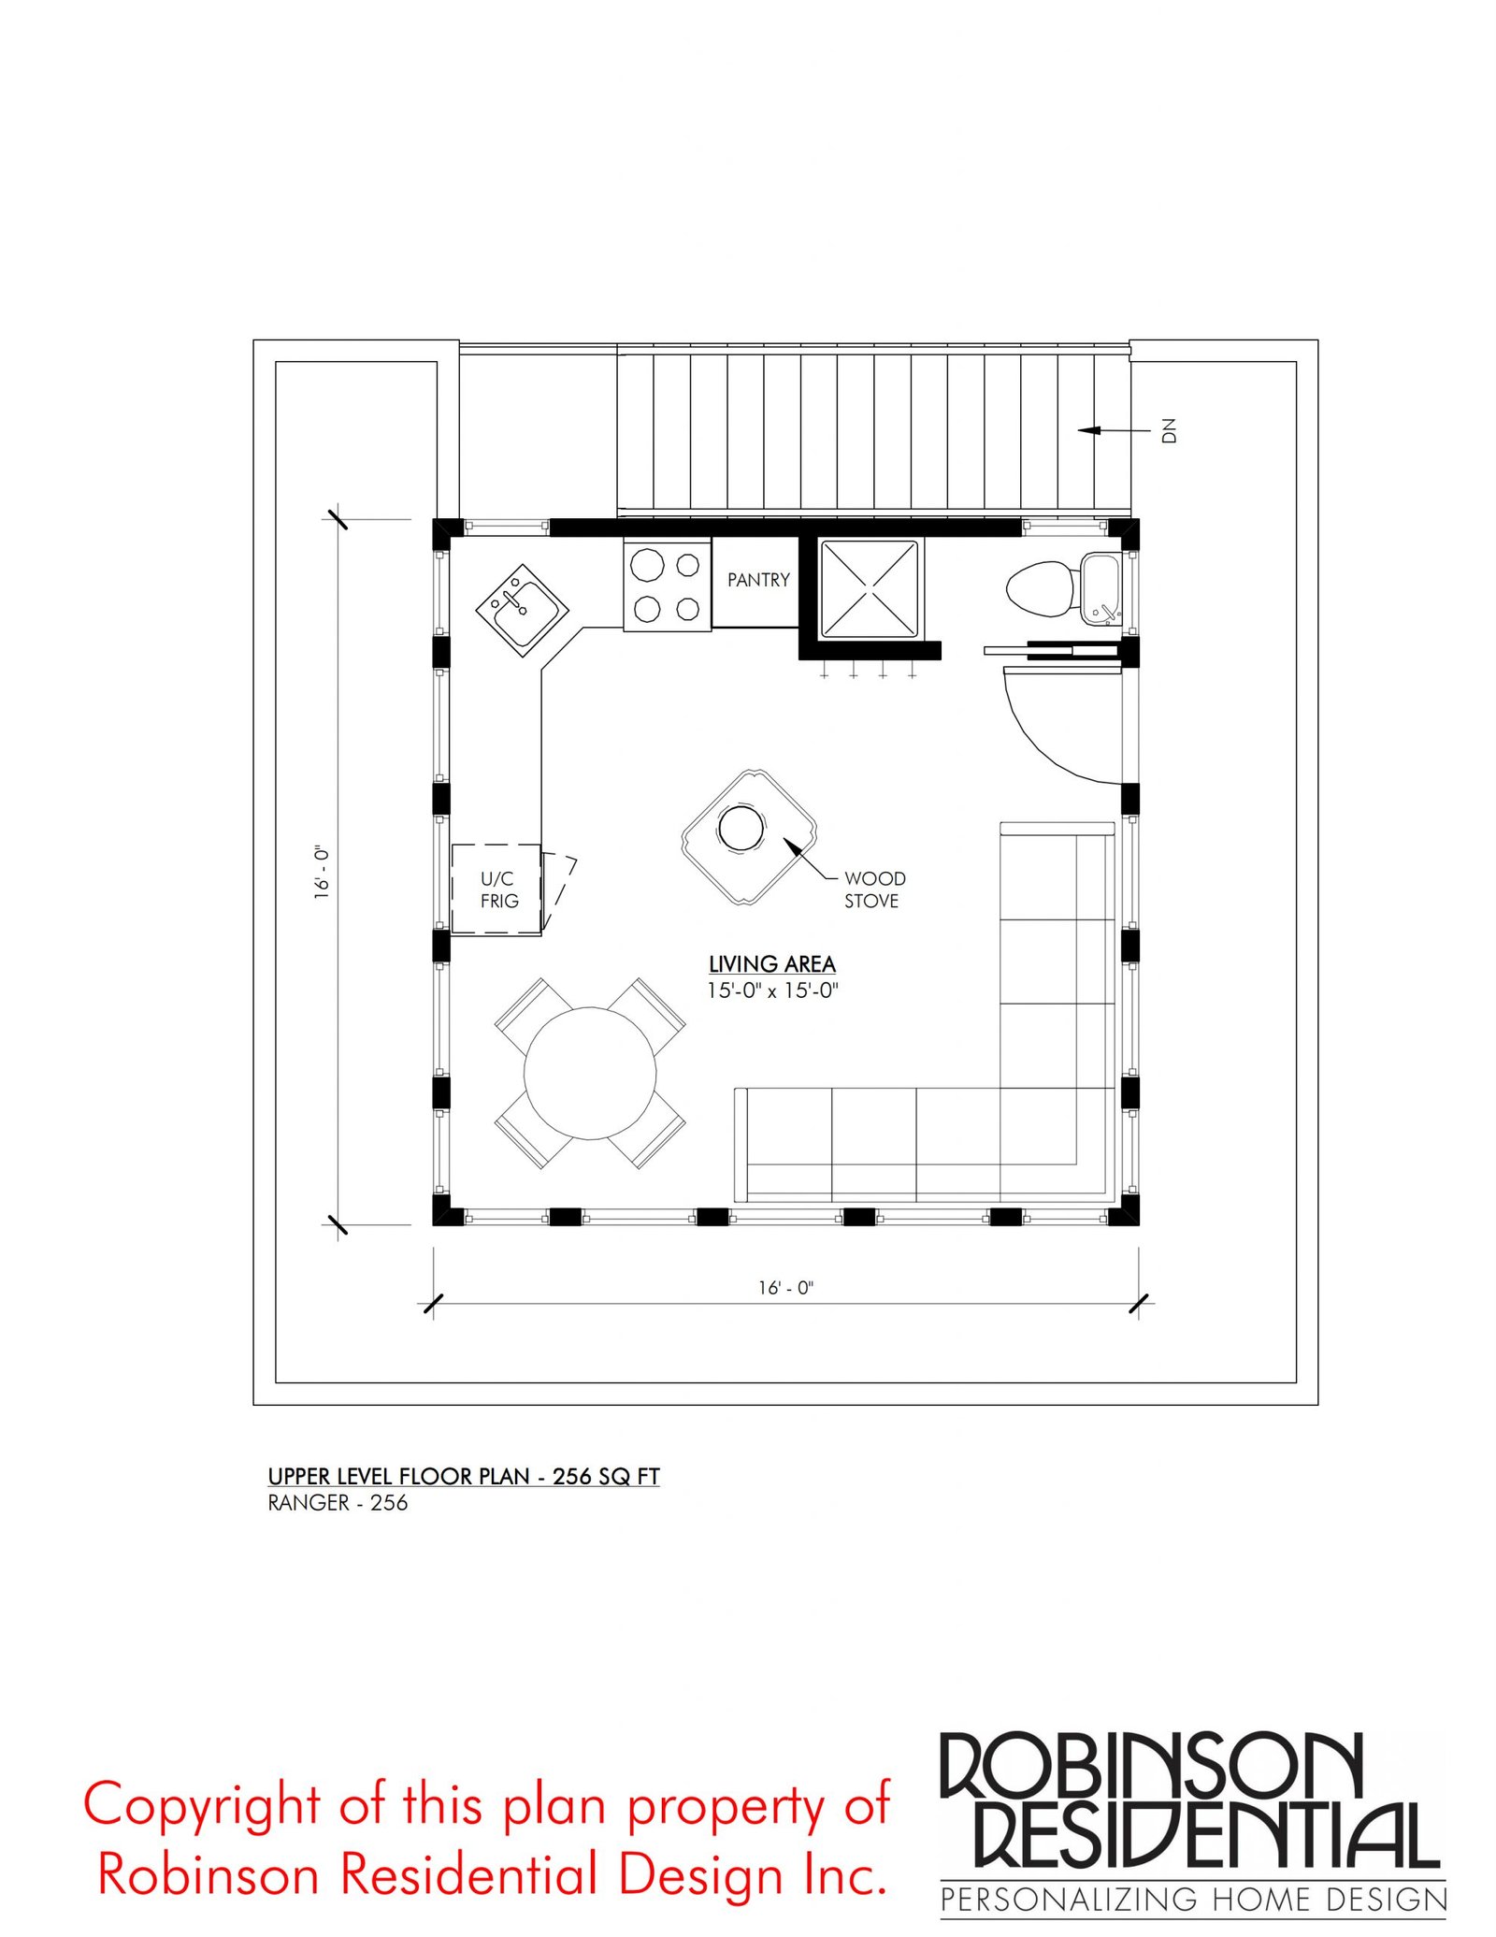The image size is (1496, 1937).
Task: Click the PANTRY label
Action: click(x=758, y=580)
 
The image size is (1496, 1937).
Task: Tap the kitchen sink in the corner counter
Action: click(x=522, y=611)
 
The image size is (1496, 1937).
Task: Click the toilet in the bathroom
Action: click(x=1039, y=588)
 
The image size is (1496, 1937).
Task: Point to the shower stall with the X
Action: click(x=869, y=589)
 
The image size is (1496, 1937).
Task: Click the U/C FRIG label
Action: click(x=498, y=889)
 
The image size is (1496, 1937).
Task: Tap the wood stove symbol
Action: click(x=749, y=837)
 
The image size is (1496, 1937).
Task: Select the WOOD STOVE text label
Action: click(x=874, y=889)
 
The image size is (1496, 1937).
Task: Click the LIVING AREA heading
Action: click(x=771, y=964)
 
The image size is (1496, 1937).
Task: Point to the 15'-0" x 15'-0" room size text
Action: click(x=772, y=990)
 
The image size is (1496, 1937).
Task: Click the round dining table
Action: click(x=589, y=1073)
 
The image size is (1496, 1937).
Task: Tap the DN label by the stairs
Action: click(x=1168, y=430)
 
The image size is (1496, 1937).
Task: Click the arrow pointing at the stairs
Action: click(x=1114, y=430)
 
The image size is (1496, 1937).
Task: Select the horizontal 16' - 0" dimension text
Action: click(x=785, y=1288)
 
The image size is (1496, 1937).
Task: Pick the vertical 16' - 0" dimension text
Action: click(x=322, y=873)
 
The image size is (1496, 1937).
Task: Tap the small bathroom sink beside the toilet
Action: click(x=1101, y=588)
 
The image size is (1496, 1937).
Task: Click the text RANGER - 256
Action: click(x=338, y=1503)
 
